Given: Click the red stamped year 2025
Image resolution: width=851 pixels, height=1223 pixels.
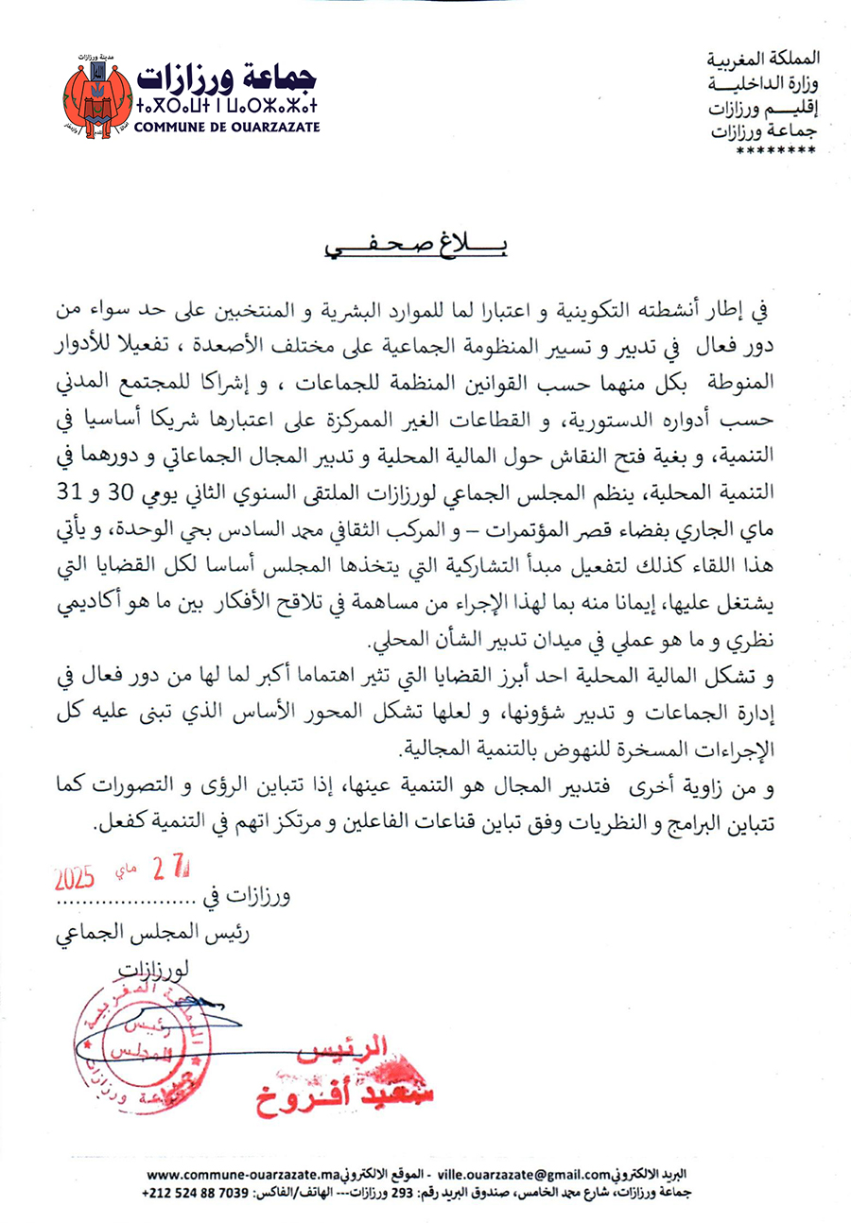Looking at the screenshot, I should [75, 876].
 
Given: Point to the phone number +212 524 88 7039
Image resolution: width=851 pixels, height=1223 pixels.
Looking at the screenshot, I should [200, 1193].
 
